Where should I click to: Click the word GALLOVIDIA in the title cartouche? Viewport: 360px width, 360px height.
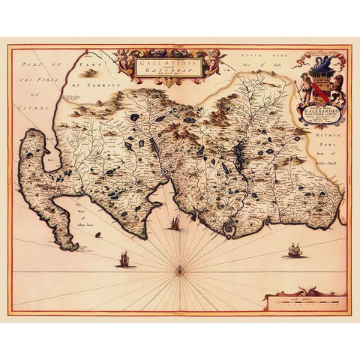(x=159, y=64)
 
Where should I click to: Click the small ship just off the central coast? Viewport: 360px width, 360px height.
(x=174, y=223)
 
